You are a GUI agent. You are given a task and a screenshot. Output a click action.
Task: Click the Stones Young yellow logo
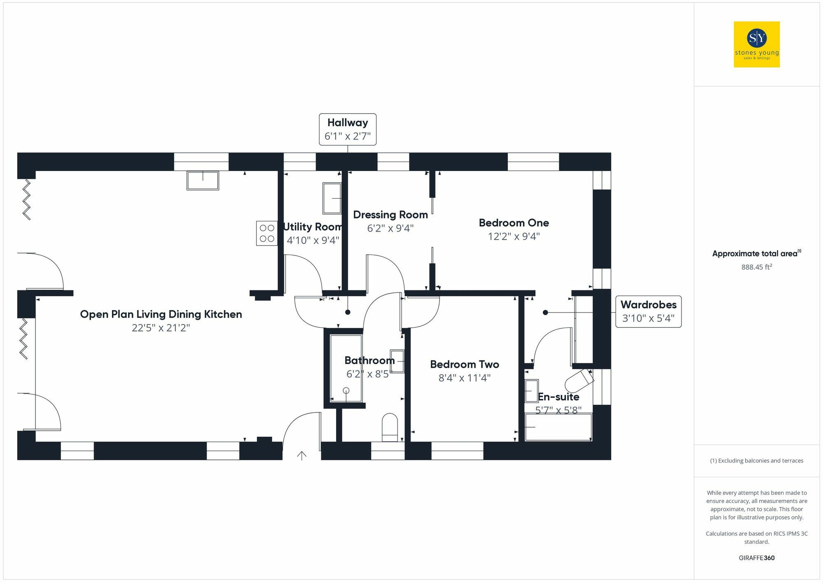(756, 44)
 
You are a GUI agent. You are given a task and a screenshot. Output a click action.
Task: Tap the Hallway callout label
(348, 129)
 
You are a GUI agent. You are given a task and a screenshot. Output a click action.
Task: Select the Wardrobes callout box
(648, 311)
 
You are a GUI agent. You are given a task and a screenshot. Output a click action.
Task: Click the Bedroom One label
(514, 223)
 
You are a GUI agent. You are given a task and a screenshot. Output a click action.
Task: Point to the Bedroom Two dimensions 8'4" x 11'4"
(464, 378)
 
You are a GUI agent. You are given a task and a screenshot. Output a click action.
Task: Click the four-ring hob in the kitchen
(267, 233)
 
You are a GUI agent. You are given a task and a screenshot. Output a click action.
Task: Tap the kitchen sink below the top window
(203, 181)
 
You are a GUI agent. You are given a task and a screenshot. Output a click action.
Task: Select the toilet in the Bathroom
(390, 427)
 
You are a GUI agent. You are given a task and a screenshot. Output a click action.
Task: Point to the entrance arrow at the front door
(302, 456)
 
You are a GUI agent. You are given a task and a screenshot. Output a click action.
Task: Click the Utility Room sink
(332, 198)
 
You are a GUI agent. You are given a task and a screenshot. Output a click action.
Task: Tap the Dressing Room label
(390, 215)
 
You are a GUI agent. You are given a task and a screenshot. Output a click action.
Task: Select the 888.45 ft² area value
(756, 267)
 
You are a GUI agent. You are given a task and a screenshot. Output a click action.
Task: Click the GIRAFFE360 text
(756, 558)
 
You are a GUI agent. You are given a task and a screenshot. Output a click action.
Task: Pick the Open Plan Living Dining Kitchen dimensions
(160, 328)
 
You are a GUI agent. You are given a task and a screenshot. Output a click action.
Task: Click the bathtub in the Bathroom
(346, 369)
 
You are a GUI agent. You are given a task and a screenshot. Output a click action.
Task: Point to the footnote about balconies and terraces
(756, 461)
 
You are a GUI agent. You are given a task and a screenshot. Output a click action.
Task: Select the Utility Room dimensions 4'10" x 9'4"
(313, 240)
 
